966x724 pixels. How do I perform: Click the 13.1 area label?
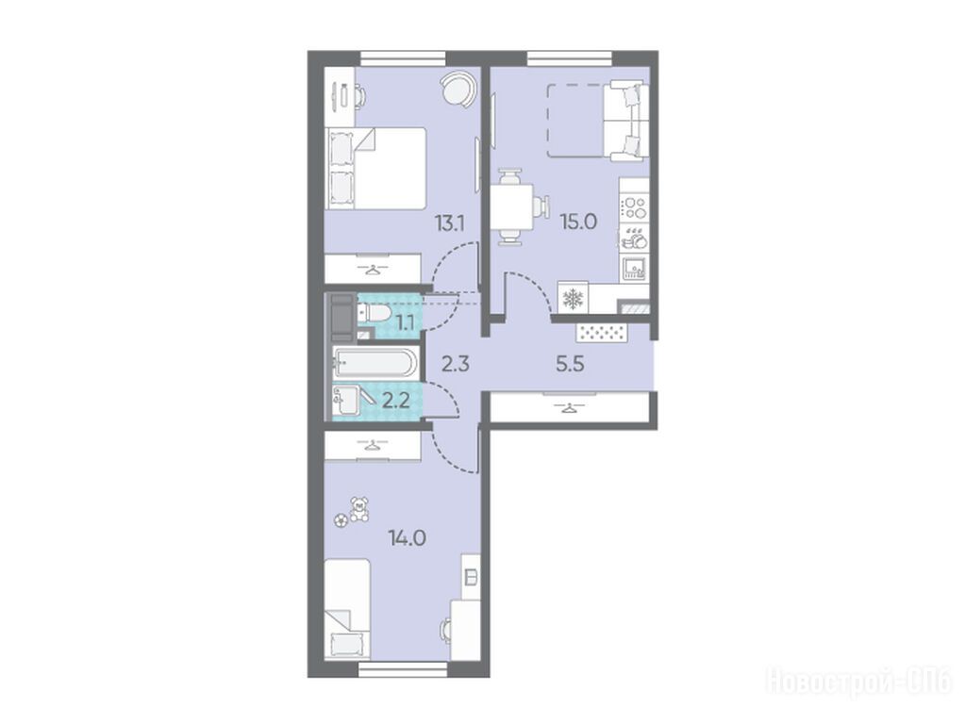449,223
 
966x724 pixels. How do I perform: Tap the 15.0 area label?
578,222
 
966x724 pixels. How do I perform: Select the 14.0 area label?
408,538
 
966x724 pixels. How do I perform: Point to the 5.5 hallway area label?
570,364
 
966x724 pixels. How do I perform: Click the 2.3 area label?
456,364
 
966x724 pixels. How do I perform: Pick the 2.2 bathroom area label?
396,402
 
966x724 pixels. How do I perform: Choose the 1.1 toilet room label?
405,322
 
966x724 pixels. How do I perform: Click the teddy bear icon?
358,510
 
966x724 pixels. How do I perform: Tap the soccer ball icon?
340,520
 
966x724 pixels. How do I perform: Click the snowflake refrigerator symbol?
574,299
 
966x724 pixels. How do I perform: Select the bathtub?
375,362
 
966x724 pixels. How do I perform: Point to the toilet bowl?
374,313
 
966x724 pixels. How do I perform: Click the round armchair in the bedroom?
458,88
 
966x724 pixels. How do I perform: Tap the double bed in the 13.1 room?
376,168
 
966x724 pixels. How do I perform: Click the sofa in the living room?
625,120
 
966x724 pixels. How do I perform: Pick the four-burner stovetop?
635,207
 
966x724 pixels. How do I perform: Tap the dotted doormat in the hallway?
602,333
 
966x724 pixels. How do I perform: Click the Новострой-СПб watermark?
858,683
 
